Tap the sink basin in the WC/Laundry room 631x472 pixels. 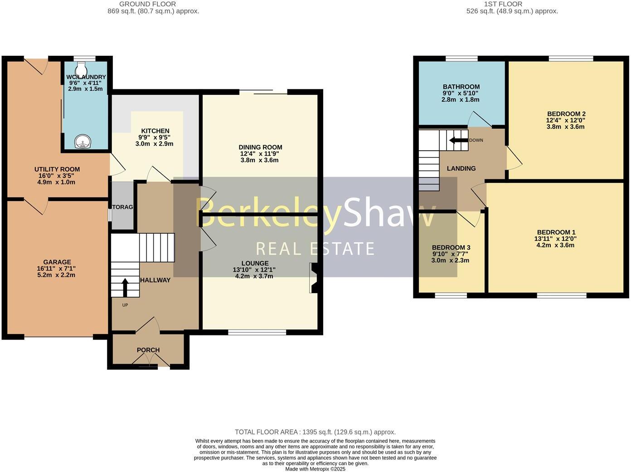pos(83,142)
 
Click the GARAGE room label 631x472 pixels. pos(57,262)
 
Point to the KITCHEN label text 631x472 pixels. pos(155,131)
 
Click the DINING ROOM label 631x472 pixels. pos(260,147)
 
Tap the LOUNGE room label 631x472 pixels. pos(255,263)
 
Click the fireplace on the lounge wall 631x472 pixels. pos(314,278)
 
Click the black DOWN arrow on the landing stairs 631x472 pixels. pos(458,140)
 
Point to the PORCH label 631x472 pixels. pos(148,350)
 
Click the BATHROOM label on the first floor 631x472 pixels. pos(461,87)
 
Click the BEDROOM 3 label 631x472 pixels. pos(451,247)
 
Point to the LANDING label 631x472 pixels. pos(461,168)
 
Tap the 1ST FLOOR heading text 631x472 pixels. pos(503,4)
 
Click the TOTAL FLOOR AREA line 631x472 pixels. pos(315,432)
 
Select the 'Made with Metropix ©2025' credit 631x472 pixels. pos(315,469)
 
